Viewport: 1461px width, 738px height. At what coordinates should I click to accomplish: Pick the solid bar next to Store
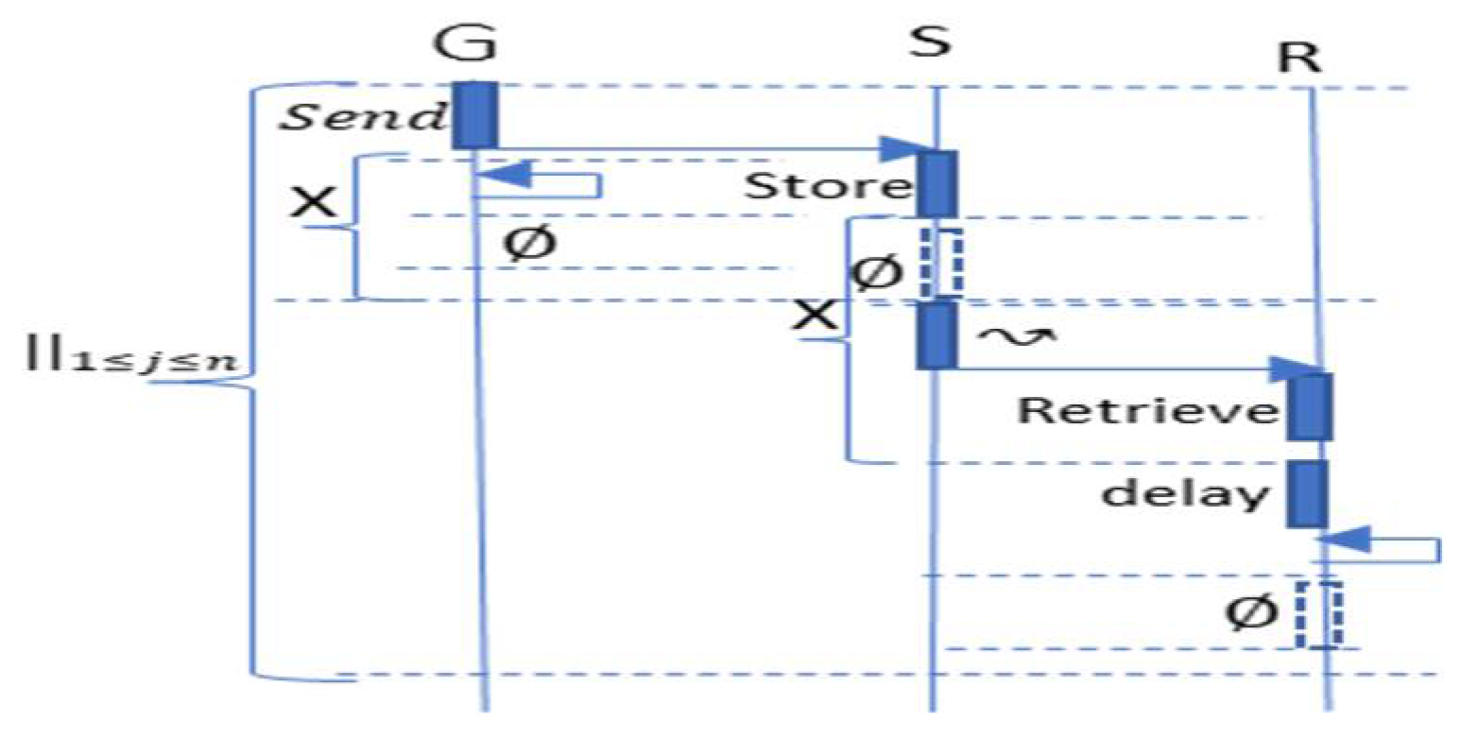tap(937, 183)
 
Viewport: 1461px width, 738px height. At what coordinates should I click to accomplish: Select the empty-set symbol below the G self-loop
tap(529, 244)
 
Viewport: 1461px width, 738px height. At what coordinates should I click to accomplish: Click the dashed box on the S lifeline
tap(941, 262)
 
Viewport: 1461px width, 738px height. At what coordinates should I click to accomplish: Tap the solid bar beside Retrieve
tap(1310, 407)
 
